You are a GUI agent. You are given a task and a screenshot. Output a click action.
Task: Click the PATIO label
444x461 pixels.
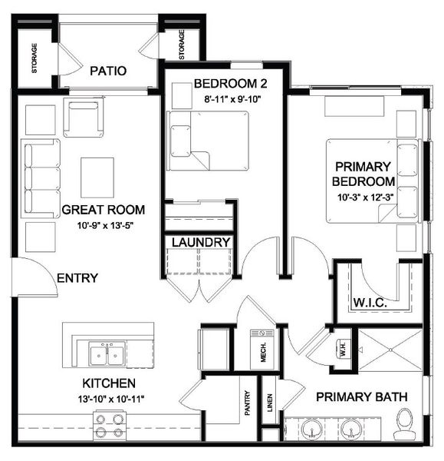108,71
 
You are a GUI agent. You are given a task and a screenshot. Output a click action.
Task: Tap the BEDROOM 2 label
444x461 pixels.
225,83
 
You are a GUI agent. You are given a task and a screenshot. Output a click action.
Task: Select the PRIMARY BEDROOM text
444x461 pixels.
363,174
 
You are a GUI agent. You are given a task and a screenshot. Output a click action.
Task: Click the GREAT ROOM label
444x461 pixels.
104,209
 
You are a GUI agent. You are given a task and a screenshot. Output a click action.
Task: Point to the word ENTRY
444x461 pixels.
77,277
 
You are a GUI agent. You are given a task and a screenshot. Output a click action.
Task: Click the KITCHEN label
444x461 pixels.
110,383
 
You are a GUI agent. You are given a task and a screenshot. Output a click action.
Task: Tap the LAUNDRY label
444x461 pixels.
201,242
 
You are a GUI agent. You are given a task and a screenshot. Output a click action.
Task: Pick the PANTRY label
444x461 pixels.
248,403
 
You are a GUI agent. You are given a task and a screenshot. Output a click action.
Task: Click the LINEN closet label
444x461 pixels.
269,405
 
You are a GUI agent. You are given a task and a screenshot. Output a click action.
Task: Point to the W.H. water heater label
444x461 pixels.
341,350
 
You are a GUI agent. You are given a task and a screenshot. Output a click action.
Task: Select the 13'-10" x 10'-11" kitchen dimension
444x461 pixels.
110,398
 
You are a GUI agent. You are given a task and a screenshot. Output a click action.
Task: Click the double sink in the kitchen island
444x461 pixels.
107,354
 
